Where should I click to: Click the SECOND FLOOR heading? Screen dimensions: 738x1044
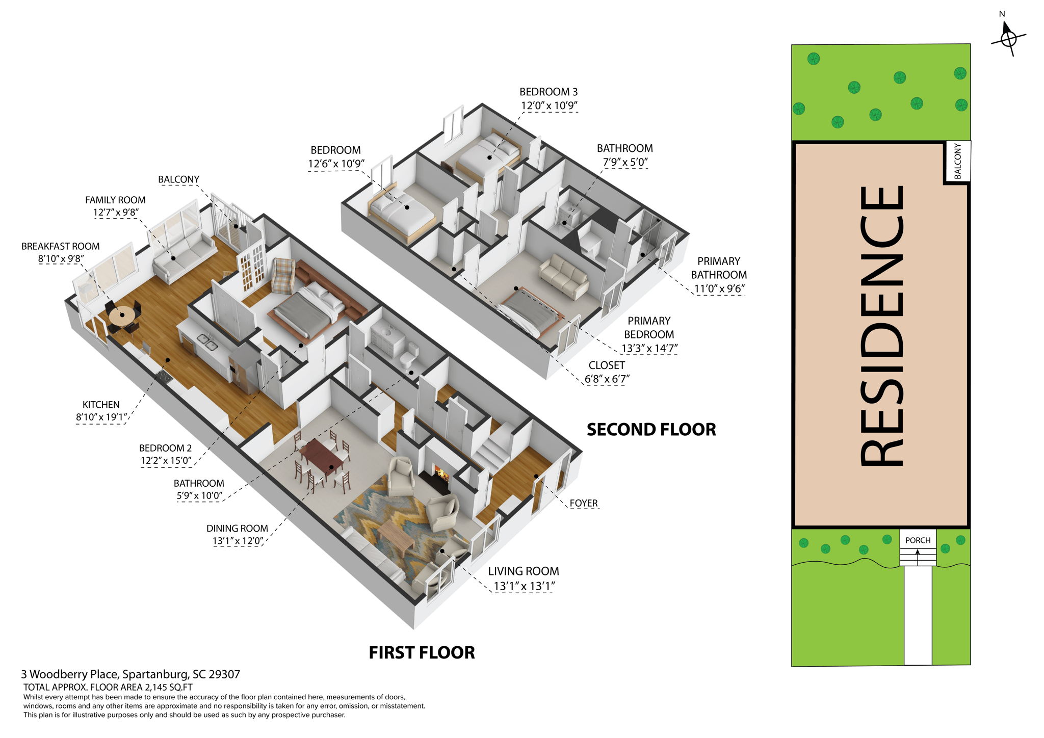pos(651,430)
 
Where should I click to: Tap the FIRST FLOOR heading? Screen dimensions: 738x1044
pos(422,652)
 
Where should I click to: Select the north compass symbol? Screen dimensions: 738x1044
pos(1008,38)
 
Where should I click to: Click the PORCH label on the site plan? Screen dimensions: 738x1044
pos(918,540)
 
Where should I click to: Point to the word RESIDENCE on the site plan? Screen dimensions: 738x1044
pos(881,326)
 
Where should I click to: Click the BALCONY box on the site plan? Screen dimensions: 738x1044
pos(957,161)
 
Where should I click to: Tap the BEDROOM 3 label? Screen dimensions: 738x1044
pos(549,92)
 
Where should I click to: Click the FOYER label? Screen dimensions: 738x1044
pos(583,504)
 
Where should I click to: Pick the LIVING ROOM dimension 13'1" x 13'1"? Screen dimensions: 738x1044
pos(524,586)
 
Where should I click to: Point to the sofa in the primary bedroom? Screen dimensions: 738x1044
pos(565,276)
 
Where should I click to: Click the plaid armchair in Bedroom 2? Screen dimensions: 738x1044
pos(283,275)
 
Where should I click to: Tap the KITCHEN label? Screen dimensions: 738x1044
pos(101,405)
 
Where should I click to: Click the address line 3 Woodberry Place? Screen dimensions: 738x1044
pos(130,674)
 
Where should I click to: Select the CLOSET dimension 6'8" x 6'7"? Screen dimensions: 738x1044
pos(607,379)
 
